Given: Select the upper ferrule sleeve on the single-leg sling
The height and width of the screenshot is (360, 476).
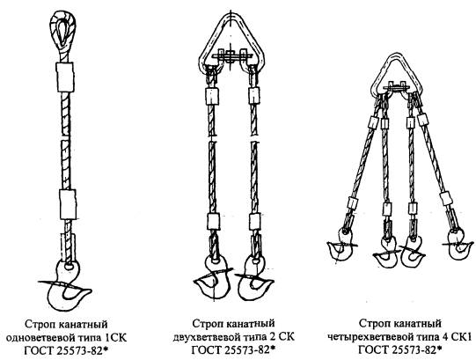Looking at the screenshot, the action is (65, 77).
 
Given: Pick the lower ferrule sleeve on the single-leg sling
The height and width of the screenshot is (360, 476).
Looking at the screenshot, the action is (68, 204).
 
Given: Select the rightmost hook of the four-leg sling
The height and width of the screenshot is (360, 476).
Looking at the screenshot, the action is (456, 246).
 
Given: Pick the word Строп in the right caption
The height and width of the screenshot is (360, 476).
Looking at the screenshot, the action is (372, 324).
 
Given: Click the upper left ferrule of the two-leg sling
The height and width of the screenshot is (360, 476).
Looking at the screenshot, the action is (212, 95).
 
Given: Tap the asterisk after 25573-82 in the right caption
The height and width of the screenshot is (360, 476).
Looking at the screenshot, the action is (439, 349).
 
